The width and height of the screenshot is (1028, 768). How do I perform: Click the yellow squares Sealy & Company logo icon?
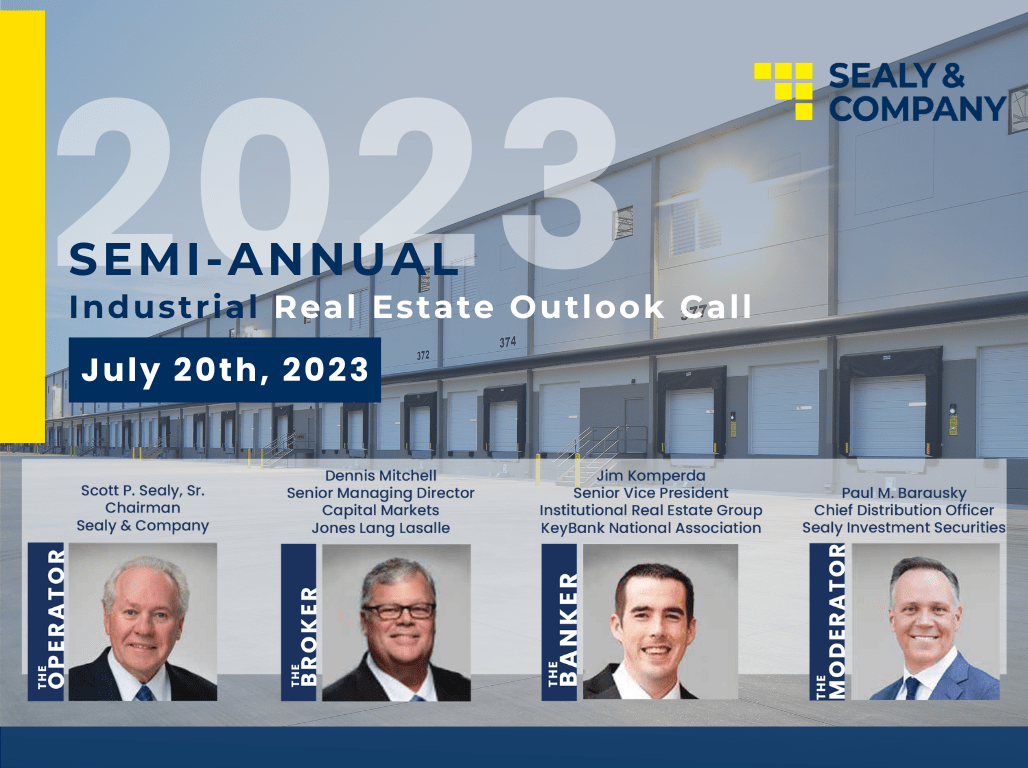(x=783, y=91)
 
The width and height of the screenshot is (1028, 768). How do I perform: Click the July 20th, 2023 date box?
(x=224, y=370)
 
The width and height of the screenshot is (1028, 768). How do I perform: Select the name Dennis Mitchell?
(x=380, y=475)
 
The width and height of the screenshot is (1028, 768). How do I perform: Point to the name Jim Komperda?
(x=650, y=476)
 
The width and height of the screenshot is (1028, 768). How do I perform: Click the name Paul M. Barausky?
(x=903, y=493)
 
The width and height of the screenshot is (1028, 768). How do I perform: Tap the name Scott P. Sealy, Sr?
(x=142, y=491)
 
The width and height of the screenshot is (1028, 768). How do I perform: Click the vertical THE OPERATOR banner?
(x=47, y=621)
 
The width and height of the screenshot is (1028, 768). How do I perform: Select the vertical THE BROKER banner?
(x=299, y=622)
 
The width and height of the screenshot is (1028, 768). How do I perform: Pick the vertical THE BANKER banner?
(x=559, y=622)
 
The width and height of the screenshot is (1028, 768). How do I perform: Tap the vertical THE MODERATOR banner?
(x=828, y=621)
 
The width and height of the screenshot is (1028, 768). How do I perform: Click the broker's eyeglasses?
(x=398, y=611)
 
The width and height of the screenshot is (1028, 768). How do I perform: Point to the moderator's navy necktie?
(x=913, y=687)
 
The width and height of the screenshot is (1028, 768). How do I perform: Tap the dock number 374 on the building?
(x=507, y=342)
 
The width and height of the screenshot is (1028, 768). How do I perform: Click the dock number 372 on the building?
(x=423, y=355)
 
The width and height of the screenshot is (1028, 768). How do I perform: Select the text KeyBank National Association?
(x=650, y=528)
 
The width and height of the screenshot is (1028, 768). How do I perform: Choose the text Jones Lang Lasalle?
(x=380, y=528)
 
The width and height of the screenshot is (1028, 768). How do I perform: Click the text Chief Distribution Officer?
(x=903, y=510)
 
